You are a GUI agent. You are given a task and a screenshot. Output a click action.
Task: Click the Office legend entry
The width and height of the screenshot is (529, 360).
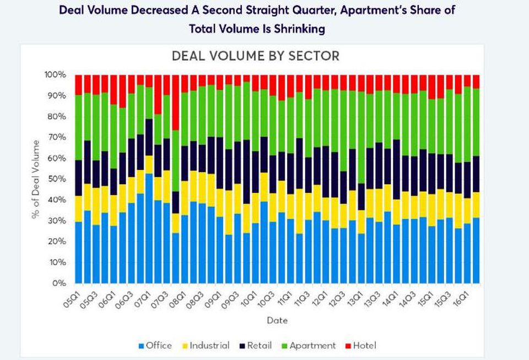[155, 346]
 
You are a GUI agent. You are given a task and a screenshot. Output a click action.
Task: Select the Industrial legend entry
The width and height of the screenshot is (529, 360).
[206, 346]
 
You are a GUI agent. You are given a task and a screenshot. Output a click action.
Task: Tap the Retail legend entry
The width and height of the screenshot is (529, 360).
[255, 346]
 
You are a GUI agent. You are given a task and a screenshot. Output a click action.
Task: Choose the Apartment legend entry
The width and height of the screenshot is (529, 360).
[309, 346]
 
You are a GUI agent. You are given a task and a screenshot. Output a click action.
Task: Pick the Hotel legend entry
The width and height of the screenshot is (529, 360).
[360, 346]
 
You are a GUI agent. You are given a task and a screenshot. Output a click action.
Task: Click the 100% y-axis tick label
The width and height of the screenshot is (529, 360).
[55, 74]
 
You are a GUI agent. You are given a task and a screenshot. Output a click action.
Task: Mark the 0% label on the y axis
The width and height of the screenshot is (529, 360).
[60, 283]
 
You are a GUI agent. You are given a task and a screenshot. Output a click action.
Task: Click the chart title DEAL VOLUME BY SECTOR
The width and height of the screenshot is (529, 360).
[255, 56]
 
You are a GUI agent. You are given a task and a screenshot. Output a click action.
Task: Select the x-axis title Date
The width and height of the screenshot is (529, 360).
[277, 320]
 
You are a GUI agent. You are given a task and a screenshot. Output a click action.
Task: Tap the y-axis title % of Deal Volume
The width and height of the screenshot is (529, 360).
[35, 179]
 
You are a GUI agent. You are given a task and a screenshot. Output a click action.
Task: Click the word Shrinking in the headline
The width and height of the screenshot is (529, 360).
[299, 29]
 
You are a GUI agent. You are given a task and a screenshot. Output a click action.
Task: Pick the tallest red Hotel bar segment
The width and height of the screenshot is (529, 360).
[175, 103]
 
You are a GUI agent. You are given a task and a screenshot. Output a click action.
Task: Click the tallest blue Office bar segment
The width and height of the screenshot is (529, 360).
[149, 228]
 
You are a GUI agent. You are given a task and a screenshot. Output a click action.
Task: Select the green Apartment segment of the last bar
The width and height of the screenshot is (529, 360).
[476, 122]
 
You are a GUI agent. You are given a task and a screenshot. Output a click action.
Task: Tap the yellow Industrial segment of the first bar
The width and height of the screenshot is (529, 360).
[78, 209]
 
